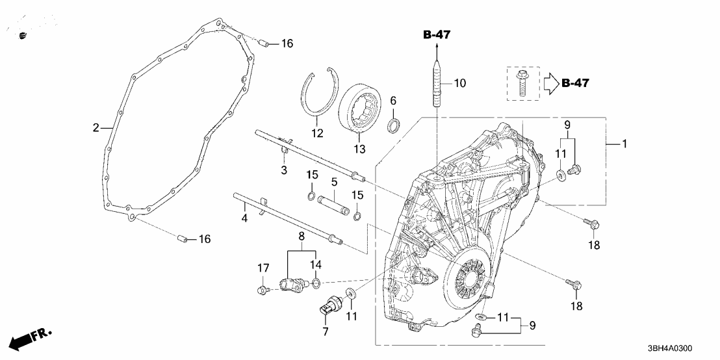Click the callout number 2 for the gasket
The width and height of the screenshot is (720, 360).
tap(96, 128)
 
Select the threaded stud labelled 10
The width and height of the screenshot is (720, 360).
tap(436, 84)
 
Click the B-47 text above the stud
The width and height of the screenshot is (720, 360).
tap(437, 35)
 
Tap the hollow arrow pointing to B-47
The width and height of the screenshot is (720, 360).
tap(550, 83)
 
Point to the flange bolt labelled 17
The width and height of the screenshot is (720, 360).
tap(262, 290)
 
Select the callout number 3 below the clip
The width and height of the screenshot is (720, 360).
tap(283, 170)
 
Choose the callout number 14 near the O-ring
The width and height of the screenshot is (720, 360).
tap(316, 264)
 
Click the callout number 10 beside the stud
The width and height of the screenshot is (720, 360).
tap(460, 83)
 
